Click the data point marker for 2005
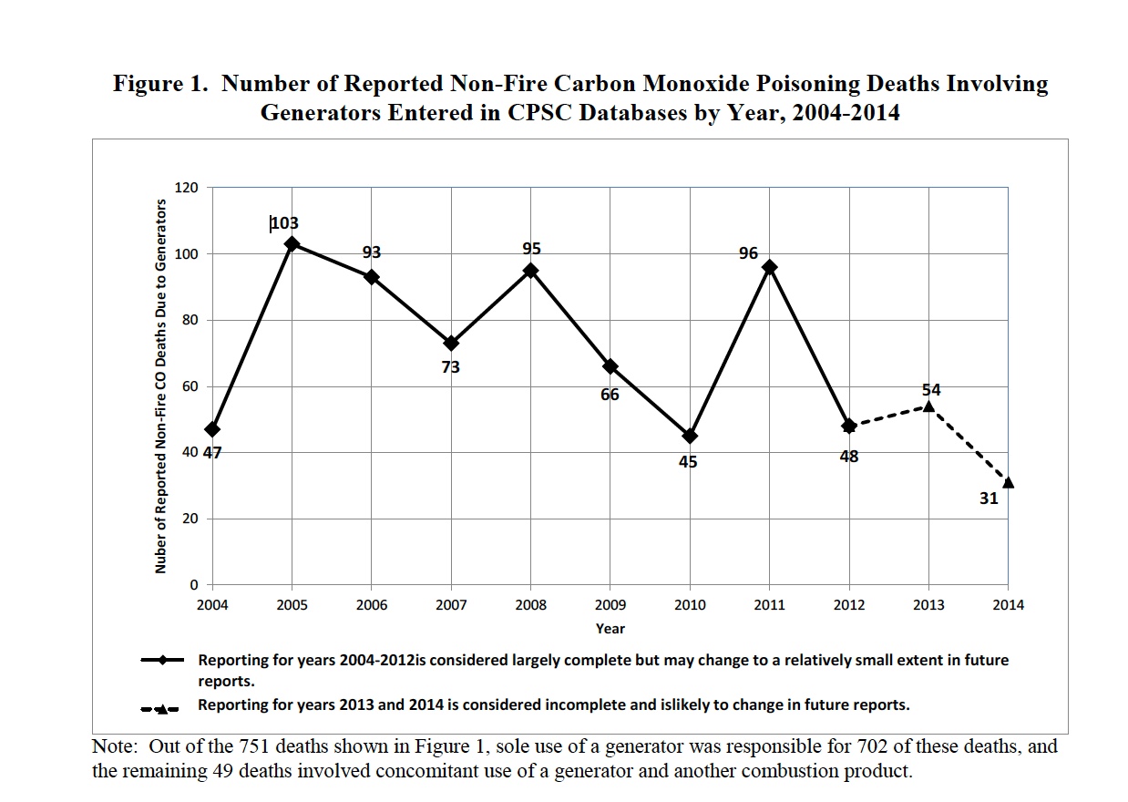tap(292, 243)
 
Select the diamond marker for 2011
tap(770, 267)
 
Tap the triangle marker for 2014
tap(1008, 483)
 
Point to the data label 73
tap(450, 367)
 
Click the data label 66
tap(610, 395)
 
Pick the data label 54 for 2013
tap(930, 389)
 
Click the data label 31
tap(989, 499)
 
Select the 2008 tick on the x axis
tap(530, 605)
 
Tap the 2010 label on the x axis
tap(690, 605)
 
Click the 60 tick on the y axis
tap(190, 386)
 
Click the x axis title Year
tap(610, 628)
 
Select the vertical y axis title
tap(160, 386)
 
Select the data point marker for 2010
tap(690, 436)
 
